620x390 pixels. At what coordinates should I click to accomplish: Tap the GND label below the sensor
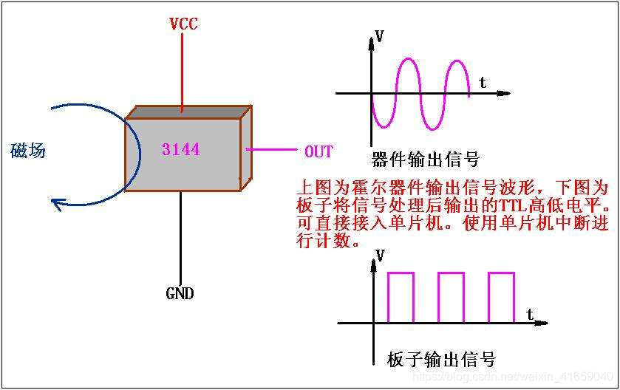[180, 293]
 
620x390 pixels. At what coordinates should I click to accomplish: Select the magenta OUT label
[318, 151]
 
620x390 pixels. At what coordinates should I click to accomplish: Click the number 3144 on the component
[180, 149]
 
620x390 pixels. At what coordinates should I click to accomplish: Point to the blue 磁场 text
[28, 151]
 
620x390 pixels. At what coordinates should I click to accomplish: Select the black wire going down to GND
[180, 236]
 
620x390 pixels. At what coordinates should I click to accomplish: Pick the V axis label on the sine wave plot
[379, 35]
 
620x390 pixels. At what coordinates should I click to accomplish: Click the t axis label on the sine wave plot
[483, 82]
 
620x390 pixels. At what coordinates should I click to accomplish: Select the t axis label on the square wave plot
[530, 314]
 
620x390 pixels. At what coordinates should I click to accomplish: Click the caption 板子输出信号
[441, 360]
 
